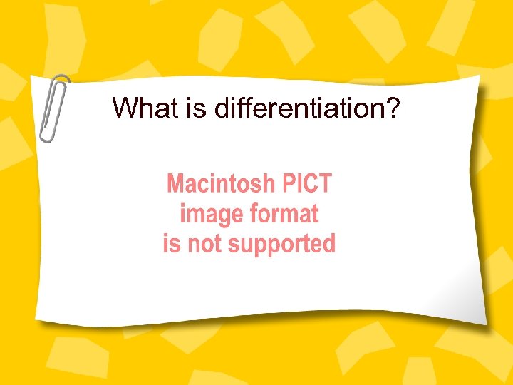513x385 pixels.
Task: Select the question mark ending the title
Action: [x=393, y=108]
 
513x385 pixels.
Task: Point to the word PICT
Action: [x=306, y=184]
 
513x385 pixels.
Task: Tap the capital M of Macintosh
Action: [x=176, y=184]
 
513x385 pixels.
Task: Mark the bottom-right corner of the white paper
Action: [x=485, y=324]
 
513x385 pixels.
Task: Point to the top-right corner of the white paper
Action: [x=477, y=79]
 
